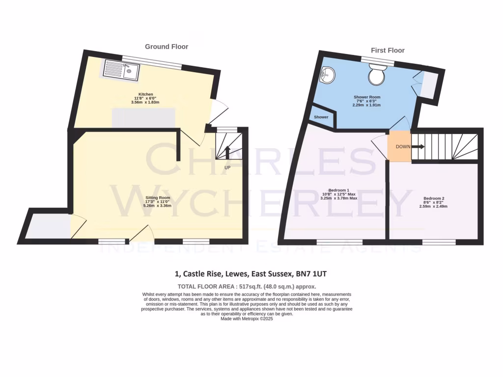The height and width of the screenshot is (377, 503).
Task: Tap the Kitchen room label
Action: pyautogui.click(x=145, y=94)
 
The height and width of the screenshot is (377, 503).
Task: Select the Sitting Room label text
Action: pyautogui.click(x=157, y=197)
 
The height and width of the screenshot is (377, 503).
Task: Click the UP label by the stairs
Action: pyautogui.click(x=227, y=167)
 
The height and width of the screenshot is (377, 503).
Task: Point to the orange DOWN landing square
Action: pyautogui.click(x=399, y=146)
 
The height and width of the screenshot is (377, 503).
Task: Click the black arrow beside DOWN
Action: pyautogui.click(x=418, y=146)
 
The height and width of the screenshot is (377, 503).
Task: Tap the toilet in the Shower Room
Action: pyautogui.click(x=378, y=74)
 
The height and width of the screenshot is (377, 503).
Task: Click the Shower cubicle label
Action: pyautogui.click(x=321, y=117)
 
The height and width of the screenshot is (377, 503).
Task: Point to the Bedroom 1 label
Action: pyautogui.click(x=338, y=190)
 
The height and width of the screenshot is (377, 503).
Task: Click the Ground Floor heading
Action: pyautogui.click(x=166, y=47)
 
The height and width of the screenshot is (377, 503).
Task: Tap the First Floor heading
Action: pyautogui.click(x=388, y=50)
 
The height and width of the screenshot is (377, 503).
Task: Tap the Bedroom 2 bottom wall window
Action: pyautogui.click(x=439, y=242)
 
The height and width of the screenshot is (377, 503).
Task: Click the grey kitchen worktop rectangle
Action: pyautogui.click(x=143, y=118)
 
